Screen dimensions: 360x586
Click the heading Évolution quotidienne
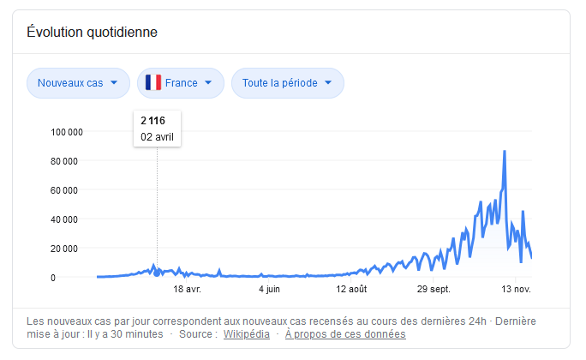pyautogui.click(x=92, y=33)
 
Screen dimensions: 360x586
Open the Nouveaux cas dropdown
pyautogui.click(x=78, y=83)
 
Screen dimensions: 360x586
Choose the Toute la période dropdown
pyautogui.click(x=287, y=83)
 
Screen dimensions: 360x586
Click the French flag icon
pyautogui.click(x=153, y=83)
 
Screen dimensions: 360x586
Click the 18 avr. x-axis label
pyautogui.click(x=187, y=290)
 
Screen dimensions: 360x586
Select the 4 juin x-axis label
pyautogui.click(x=269, y=290)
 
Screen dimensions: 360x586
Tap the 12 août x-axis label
pyautogui.click(x=351, y=290)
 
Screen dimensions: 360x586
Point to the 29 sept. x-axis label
pyautogui.click(x=434, y=290)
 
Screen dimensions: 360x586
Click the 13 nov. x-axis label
pyautogui.click(x=515, y=290)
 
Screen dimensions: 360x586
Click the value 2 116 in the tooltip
pyautogui.click(x=152, y=121)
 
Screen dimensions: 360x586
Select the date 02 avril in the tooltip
pyautogui.click(x=158, y=135)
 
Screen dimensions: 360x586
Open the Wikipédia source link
pyautogui.click(x=247, y=333)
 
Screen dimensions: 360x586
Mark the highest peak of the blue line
pyautogui.click(x=505, y=152)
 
